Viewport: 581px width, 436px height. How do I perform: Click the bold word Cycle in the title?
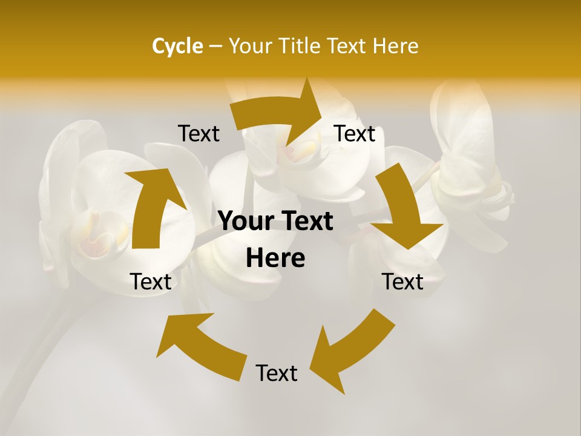coord(177,46)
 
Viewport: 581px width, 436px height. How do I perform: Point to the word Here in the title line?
coord(396,46)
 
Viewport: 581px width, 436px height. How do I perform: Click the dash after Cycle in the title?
coord(215,46)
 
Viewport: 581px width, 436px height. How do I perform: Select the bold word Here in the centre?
coord(275,259)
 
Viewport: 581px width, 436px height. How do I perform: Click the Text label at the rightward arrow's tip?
coord(355,134)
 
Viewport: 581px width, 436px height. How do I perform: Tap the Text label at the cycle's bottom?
coord(277,374)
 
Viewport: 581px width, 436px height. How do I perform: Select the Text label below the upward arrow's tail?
coord(151,282)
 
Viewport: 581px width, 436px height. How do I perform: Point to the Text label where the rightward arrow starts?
coord(199,134)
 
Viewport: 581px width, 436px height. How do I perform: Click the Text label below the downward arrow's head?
coord(402,282)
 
